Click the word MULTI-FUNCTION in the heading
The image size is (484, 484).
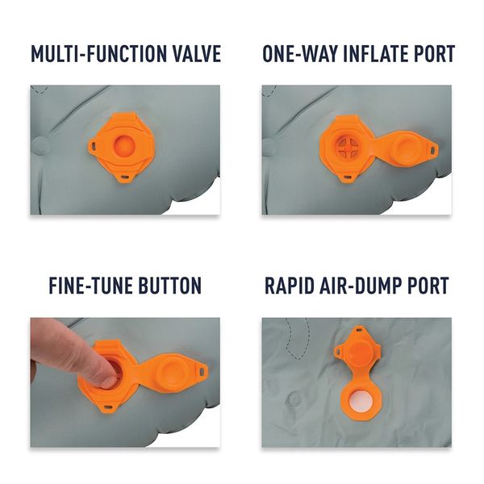[99, 54]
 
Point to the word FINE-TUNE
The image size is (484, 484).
[90, 286]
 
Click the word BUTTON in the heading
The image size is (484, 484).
[169, 286]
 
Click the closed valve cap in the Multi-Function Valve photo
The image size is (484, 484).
[124, 145]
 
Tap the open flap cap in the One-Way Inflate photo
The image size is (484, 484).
[407, 148]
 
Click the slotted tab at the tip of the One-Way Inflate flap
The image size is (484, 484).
[432, 150]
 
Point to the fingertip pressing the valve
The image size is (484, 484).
[110, 378]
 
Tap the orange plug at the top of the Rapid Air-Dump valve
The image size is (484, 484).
[359, 353]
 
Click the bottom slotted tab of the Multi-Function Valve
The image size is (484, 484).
[125, 177]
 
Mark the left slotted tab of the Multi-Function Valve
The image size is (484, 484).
[93, 144]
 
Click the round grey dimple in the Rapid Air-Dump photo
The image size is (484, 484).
[294, 399]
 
